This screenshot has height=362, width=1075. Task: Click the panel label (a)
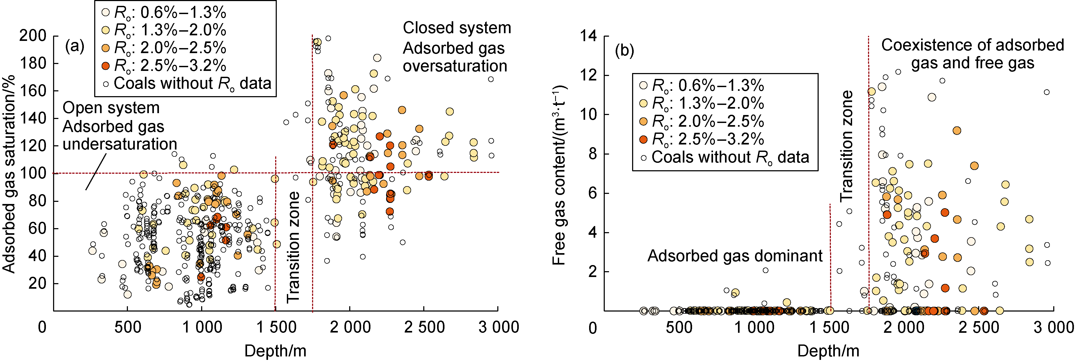[x=75, y=46]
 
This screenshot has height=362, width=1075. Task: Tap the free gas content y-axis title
[x=559, y=175]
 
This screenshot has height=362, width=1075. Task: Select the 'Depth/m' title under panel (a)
[x=275, y=351]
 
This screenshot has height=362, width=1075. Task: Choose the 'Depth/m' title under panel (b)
[x=828, y=351]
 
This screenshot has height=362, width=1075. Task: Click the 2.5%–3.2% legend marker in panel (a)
[x=106, y=66]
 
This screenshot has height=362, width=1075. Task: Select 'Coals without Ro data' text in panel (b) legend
[x=730, y=157]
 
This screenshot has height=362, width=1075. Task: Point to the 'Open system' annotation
[x=111, y=108]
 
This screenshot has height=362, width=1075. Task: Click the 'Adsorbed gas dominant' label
[x=735, y=255]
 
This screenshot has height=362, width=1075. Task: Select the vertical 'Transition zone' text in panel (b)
[x=846, y=146]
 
